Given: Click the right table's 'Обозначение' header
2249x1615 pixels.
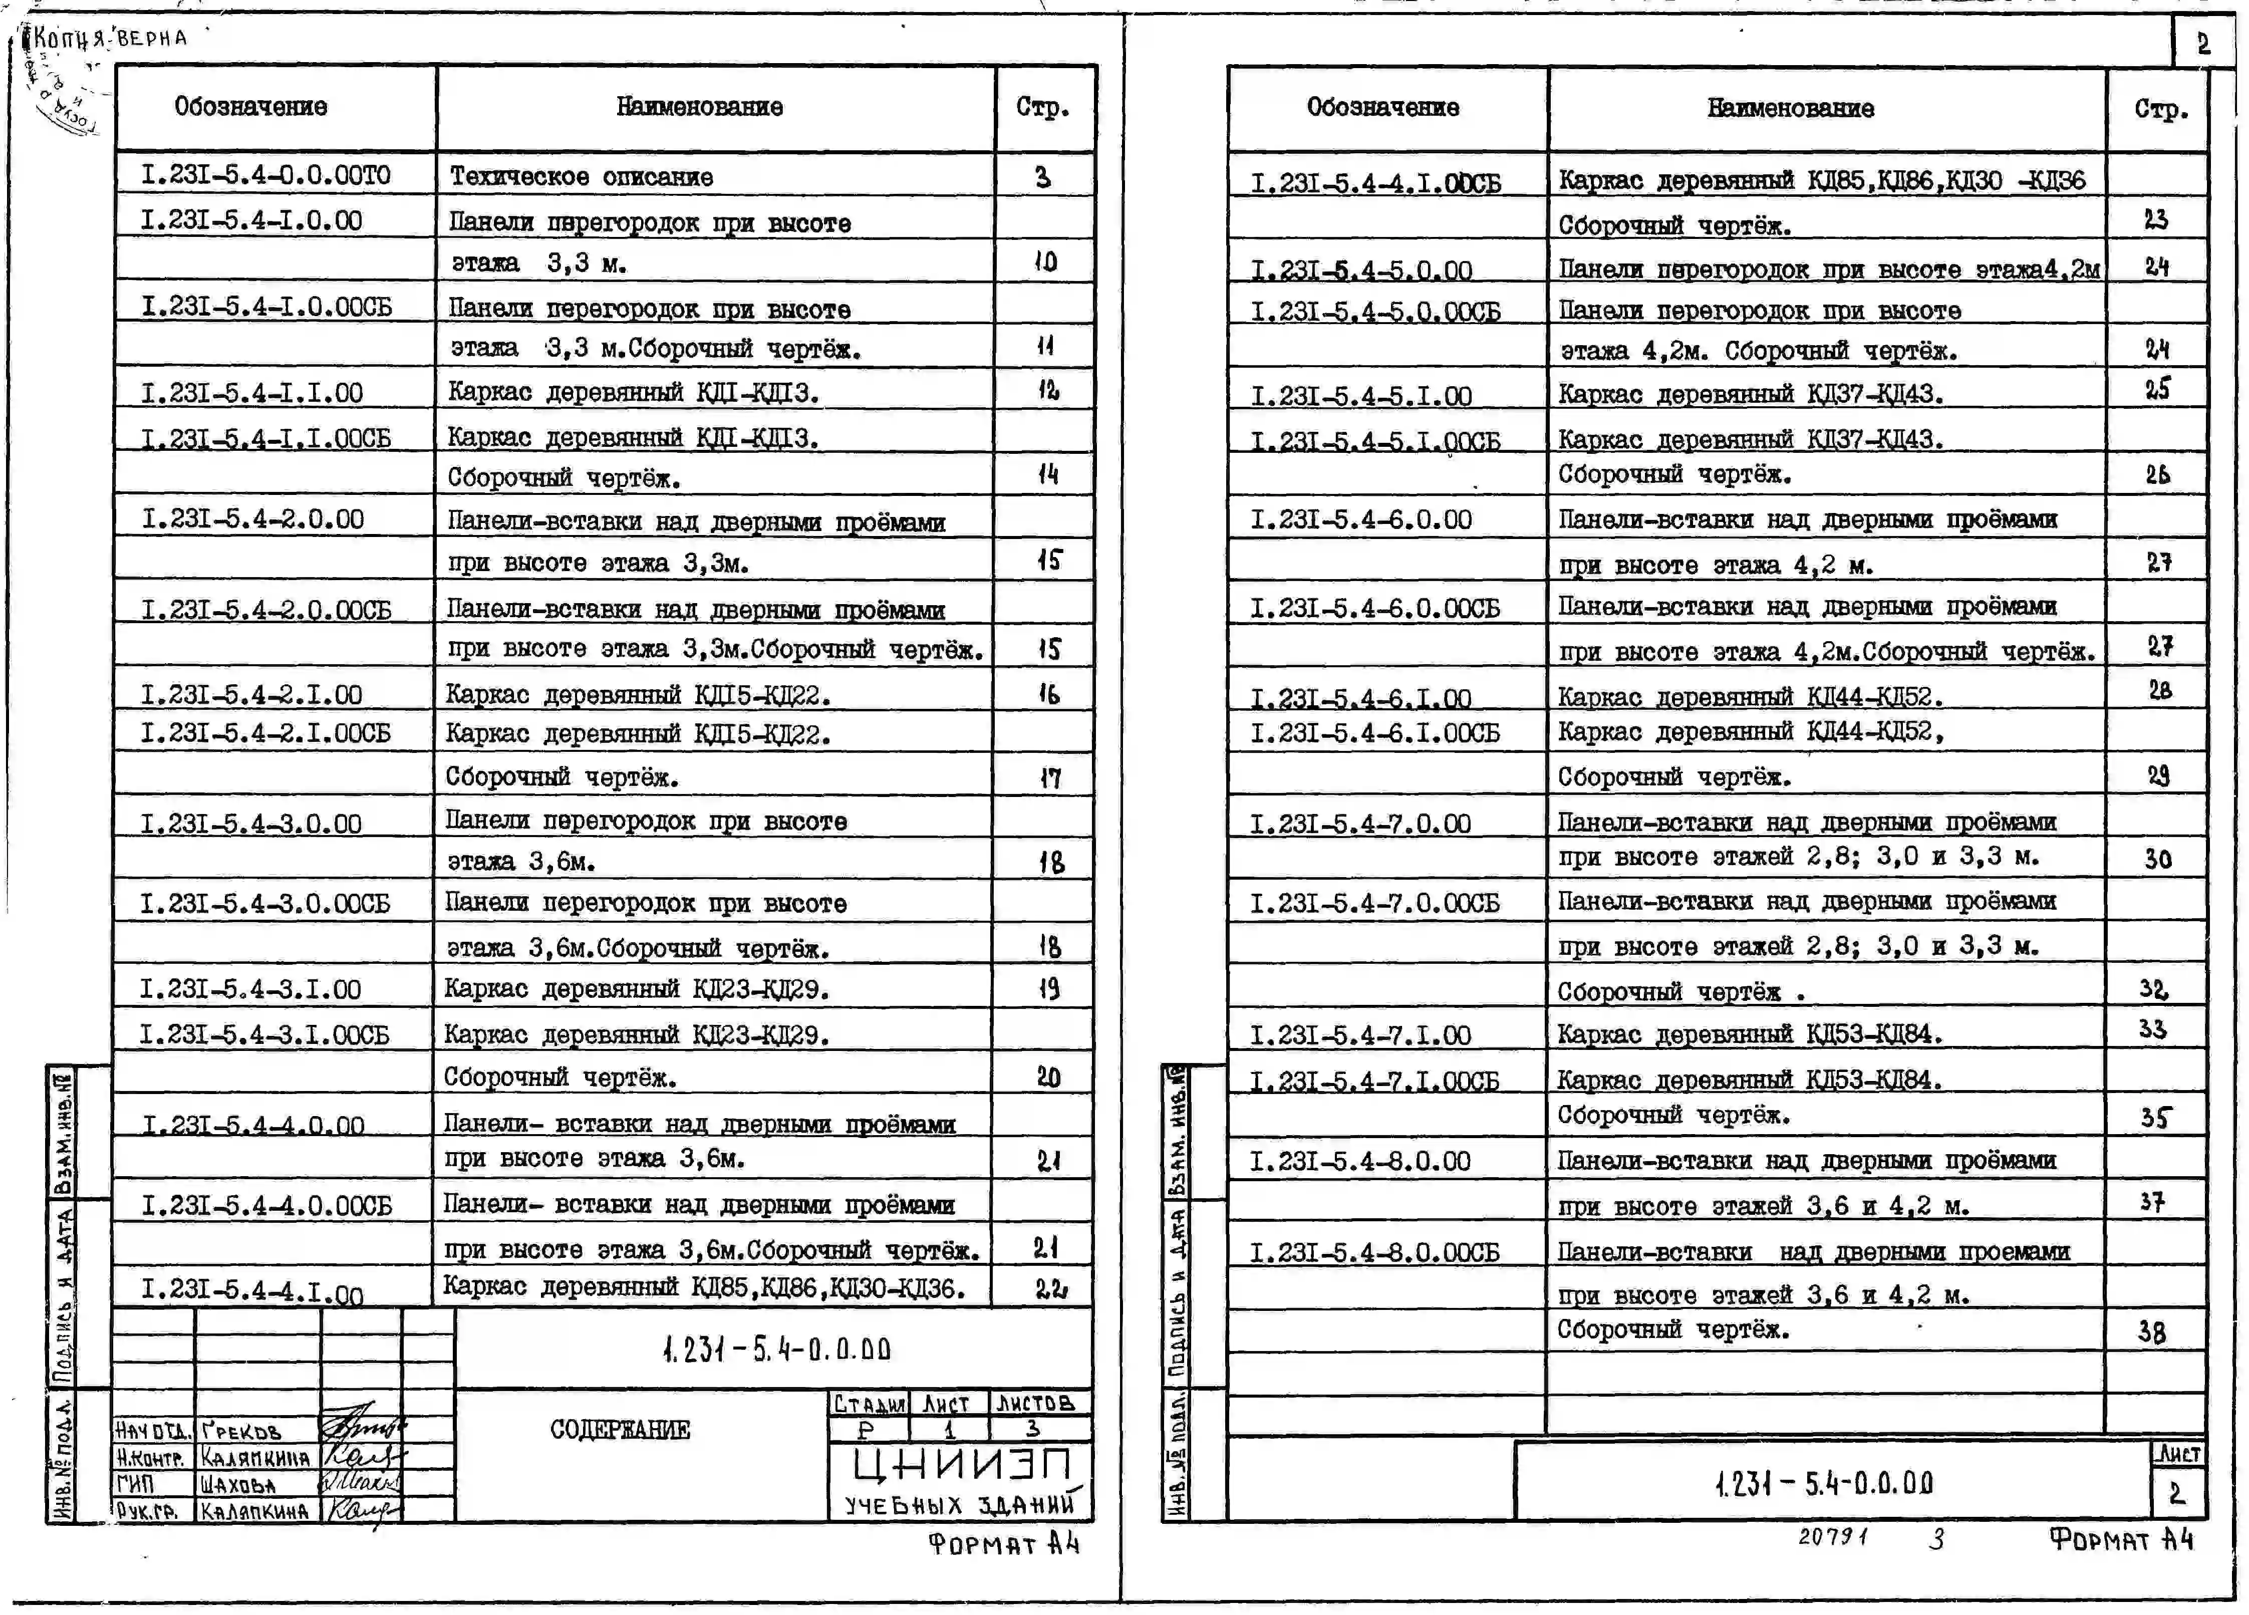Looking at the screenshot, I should [x=1382, y=108].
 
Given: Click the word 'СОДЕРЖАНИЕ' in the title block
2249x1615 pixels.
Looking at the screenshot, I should [x=620, y=1429].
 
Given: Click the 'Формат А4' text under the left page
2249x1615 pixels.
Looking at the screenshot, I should [x=1003, y=1544].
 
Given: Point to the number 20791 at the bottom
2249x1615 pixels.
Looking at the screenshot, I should [x=1833, y=1537].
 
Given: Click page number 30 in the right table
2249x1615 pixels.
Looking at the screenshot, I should [x=2158, y=859].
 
